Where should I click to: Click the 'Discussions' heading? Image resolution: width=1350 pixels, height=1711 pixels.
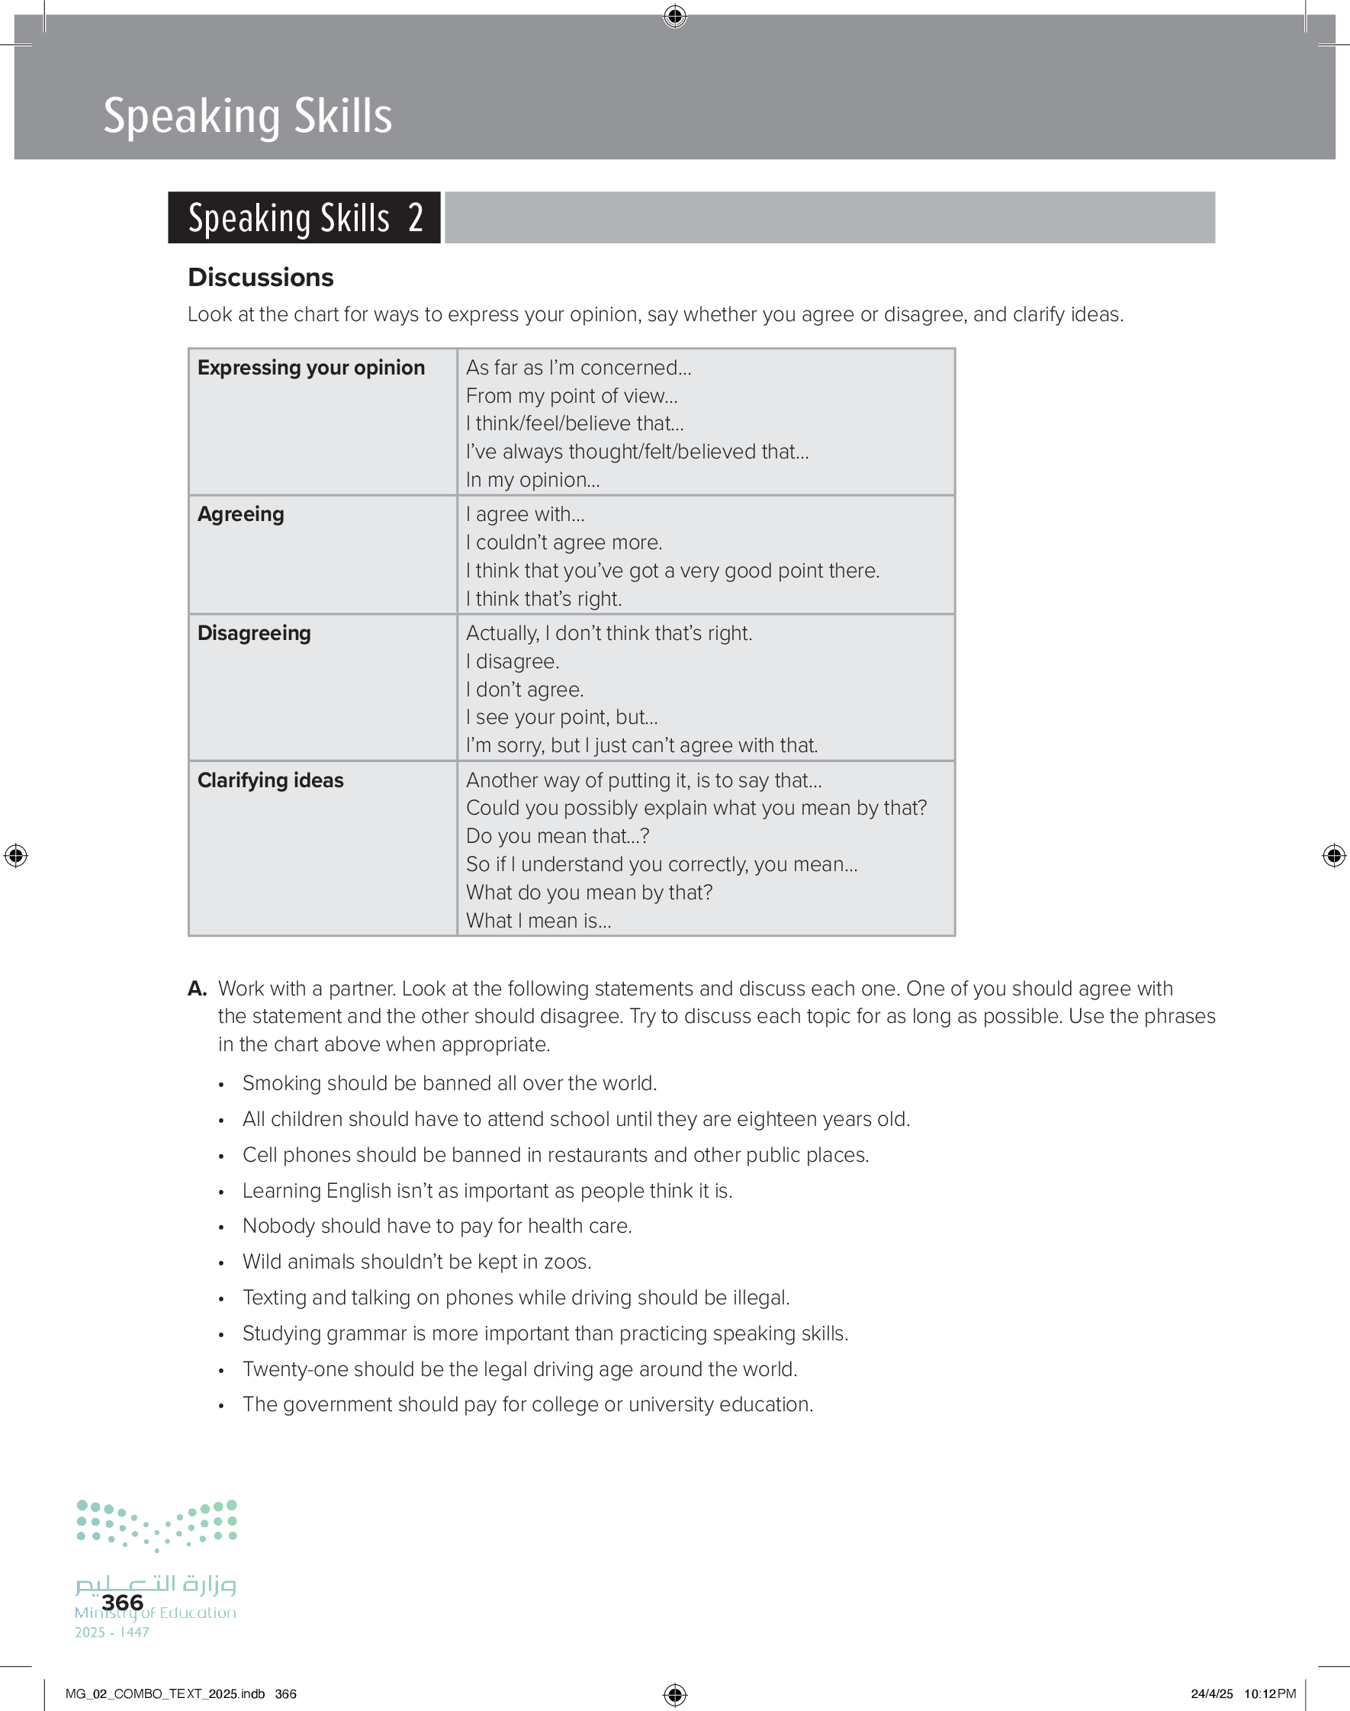(261, 278)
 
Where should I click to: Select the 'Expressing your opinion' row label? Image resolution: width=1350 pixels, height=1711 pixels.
(310, 368)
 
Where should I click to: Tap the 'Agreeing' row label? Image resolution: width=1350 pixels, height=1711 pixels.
(240, 513)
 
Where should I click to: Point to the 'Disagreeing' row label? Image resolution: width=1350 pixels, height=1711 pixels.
(254, 633)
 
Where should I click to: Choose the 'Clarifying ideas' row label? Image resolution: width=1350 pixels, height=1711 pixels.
(270, 780)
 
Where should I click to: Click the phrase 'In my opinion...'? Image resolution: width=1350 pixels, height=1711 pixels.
(532, 480)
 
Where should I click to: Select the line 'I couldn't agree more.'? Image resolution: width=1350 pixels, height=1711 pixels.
(564, 542)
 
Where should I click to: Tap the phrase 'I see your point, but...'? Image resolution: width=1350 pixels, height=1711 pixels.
(561, 717)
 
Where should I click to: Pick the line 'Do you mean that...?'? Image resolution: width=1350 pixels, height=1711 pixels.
(558, 835)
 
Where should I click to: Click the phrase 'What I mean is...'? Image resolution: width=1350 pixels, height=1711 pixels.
(538, 920)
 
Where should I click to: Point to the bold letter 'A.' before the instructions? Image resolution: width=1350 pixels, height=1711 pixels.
(197, 989)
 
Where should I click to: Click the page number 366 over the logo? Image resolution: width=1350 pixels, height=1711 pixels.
(123, 1602)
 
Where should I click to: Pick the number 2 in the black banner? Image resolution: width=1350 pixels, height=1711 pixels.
(416, 218)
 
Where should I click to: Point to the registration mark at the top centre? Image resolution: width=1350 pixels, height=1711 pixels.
(675, 16)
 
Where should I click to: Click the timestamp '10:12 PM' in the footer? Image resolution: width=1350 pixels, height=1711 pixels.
(1269, 1693)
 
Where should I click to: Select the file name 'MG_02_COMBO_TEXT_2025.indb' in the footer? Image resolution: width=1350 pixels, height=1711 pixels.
(166, 1693)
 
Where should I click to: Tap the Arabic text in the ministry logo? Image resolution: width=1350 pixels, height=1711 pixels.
(156, 1583)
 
